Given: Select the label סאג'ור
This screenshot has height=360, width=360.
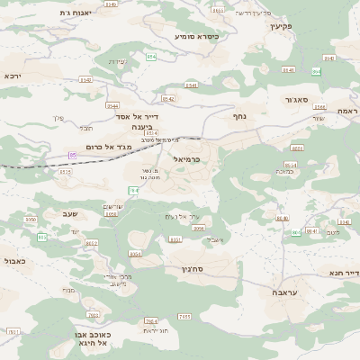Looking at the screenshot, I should point(301,100).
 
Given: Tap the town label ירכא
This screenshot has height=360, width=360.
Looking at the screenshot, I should point(14,76).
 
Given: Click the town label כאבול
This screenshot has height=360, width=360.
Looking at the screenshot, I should point(13,260).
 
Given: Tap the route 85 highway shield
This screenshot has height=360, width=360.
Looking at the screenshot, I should point(73,155).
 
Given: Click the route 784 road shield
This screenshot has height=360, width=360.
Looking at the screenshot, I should point(133,191).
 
